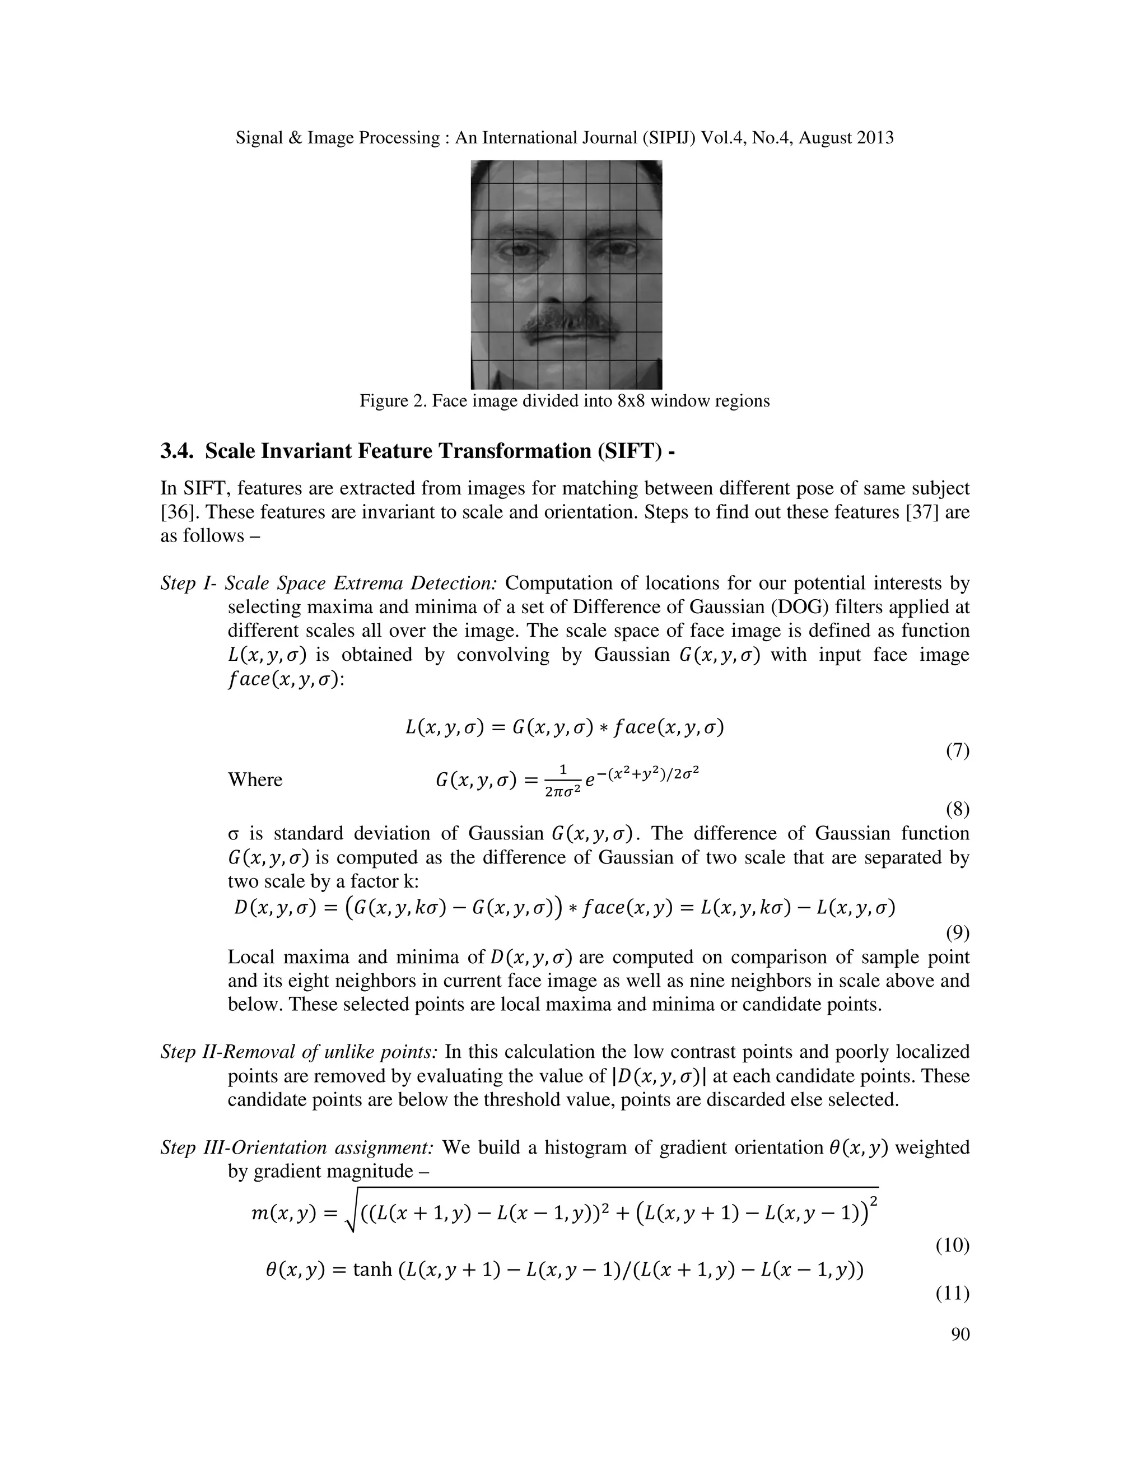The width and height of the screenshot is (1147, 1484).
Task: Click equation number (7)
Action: pos(957,751)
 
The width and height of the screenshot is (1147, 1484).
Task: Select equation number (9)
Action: pos(957,933)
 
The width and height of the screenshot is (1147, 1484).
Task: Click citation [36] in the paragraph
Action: pos(176,512)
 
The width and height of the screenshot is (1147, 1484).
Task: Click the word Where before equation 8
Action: pos(255,780)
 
